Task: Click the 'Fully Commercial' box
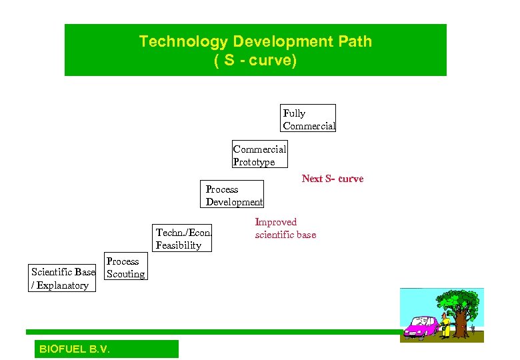point(308,119)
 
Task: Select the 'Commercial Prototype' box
point(259,155)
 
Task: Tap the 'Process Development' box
point(233,195)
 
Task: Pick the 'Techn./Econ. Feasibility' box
point(183,239)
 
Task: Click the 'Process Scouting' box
point(125,267)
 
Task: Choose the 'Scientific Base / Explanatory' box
point(63,279)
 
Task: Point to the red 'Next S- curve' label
point(332,179)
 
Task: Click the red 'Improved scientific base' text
point(285,228)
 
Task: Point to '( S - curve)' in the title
point(255,61)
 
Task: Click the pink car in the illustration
point(421,328)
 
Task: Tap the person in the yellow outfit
point(445,325)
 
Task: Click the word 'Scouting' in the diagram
point(125,274)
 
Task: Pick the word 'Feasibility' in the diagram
point(178,245)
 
